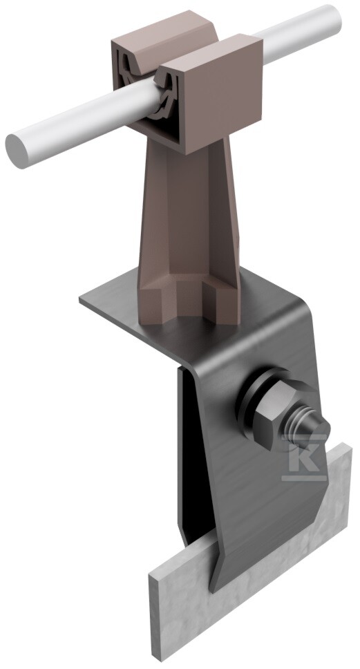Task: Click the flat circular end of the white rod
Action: (x=17, y=151)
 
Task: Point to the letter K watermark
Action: (x=304, y=457)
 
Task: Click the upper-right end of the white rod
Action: (x=332, y=17)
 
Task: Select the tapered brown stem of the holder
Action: (x=188, y=214)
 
